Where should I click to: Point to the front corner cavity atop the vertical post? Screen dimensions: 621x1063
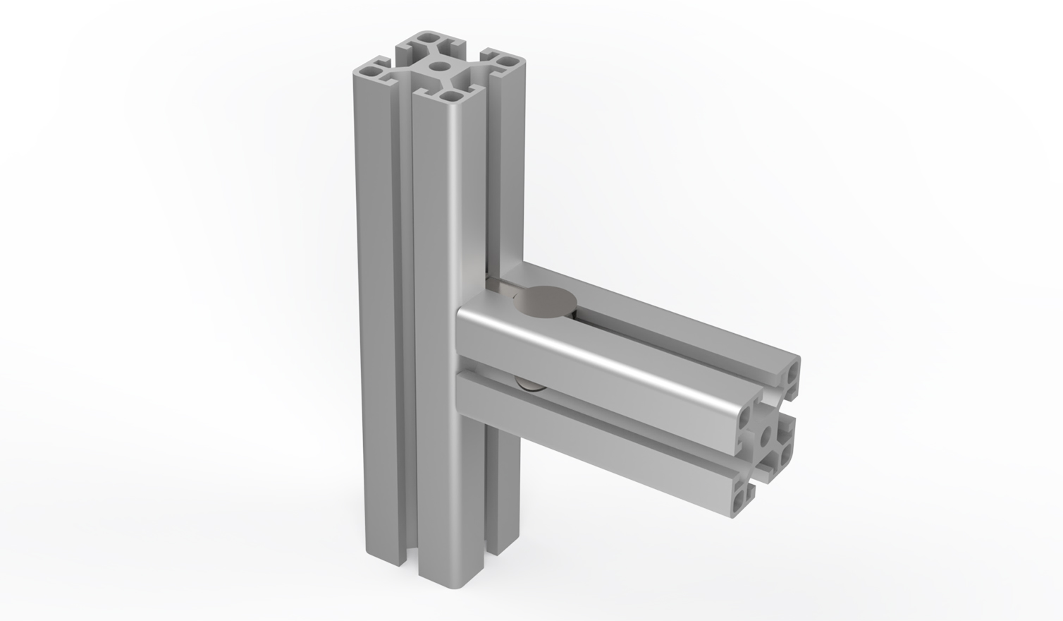(449, 97)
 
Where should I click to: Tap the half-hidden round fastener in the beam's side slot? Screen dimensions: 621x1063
(529, 384)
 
